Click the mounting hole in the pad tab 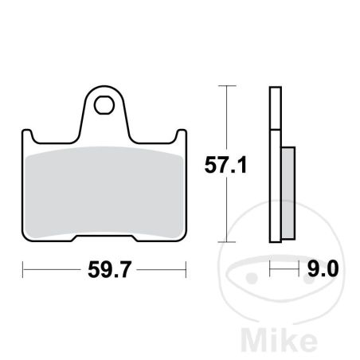point(104,105)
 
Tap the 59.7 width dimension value point(109,270)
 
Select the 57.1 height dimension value point(225,165)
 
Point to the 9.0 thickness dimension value point(323,268)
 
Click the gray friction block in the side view point(288,193)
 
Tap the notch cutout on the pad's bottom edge point(104,238)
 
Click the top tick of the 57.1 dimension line point(227,86)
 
